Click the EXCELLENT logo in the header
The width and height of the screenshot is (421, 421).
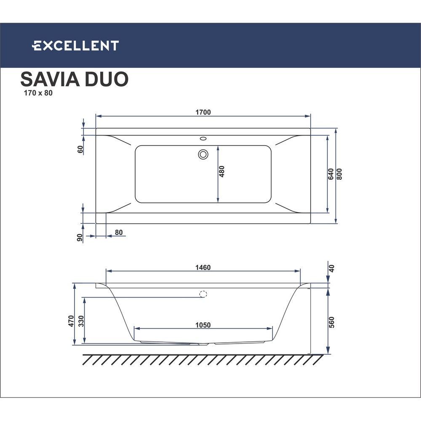click(x=76, y=45)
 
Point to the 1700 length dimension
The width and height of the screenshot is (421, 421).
click(x=203, y=112)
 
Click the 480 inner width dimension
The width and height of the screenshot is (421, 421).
click(x=222, y=173)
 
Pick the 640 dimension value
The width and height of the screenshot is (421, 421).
click(x=331, y=174)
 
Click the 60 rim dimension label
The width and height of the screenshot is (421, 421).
click(x=80, y=149)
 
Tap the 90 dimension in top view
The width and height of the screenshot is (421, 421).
click(x=80, y=237)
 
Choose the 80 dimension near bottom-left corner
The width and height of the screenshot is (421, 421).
click(x=118, y=232)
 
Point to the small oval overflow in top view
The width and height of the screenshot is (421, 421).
click(x=203, y=138)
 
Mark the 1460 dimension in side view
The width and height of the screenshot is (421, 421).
click(x=203, y=267)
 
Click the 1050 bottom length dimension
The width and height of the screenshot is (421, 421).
click(x=203, y=325)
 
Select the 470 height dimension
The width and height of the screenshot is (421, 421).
click(x=71, y=321)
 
